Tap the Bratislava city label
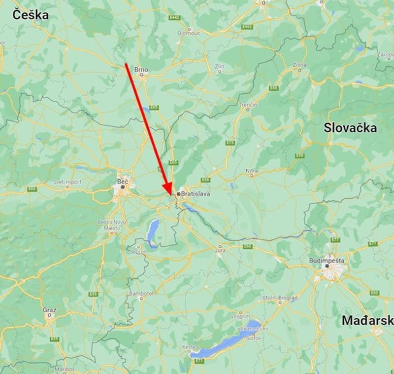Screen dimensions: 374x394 (196, 194)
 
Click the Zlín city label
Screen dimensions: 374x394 (220, 66)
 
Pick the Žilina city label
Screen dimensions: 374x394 (299, 65)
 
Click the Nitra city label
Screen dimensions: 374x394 (252, 171)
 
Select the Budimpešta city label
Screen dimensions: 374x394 (327, 260)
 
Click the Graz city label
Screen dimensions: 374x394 (49, 310)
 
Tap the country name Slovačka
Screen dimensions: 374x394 (350, 128)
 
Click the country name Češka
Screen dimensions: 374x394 (31, 15)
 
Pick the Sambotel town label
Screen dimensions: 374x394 (141, 293)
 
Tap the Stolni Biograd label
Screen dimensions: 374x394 (279, 298)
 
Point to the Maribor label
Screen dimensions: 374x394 (65, 369)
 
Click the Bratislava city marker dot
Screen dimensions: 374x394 (178, 194)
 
